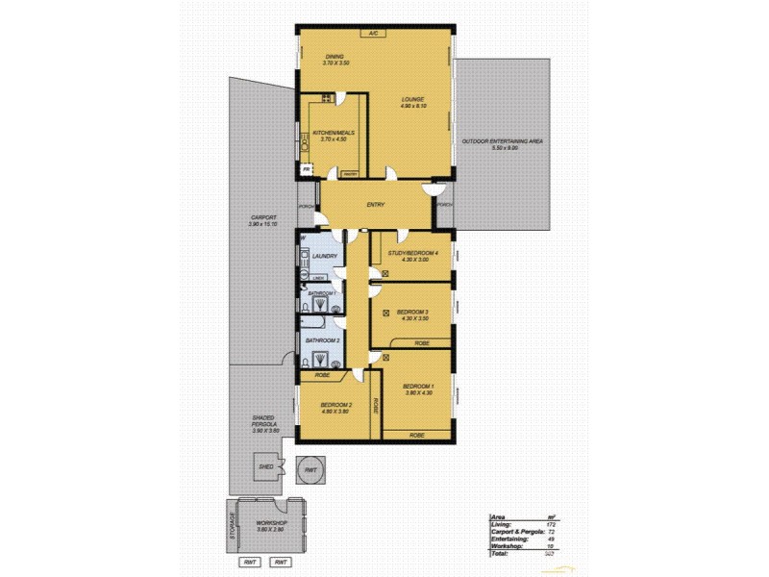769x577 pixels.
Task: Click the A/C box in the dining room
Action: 373,33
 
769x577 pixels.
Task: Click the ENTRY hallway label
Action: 377,205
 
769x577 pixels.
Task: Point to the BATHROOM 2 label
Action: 322,340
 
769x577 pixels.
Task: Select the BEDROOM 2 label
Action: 336,408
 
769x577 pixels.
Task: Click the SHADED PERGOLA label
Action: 263,424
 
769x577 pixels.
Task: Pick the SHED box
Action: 266,467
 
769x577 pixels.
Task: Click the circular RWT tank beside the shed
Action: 310,469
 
